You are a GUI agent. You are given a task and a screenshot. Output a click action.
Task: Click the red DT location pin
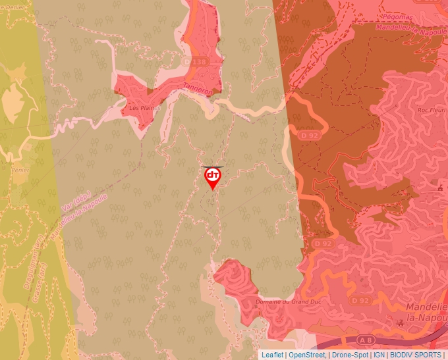pos(213,177)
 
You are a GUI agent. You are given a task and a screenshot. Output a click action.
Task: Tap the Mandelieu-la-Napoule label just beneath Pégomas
pos(411,29)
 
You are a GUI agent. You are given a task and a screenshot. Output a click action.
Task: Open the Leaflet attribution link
pos(272,355)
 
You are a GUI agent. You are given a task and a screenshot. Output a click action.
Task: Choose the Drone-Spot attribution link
pos(350,355)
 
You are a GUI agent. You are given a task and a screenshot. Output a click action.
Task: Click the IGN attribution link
pos(379,355)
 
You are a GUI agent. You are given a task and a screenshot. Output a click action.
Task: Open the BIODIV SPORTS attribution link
pos(416,355)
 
